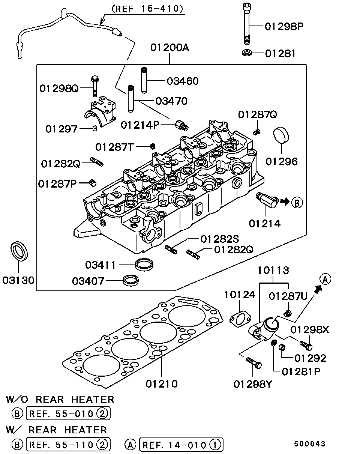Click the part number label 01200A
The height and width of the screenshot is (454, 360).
point(169,48)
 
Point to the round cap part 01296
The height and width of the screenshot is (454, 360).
point(281,135)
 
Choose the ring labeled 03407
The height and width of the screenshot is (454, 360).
point(131,281)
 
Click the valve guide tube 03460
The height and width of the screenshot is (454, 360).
point(144,80)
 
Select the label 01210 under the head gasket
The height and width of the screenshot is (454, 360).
point(162,383)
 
